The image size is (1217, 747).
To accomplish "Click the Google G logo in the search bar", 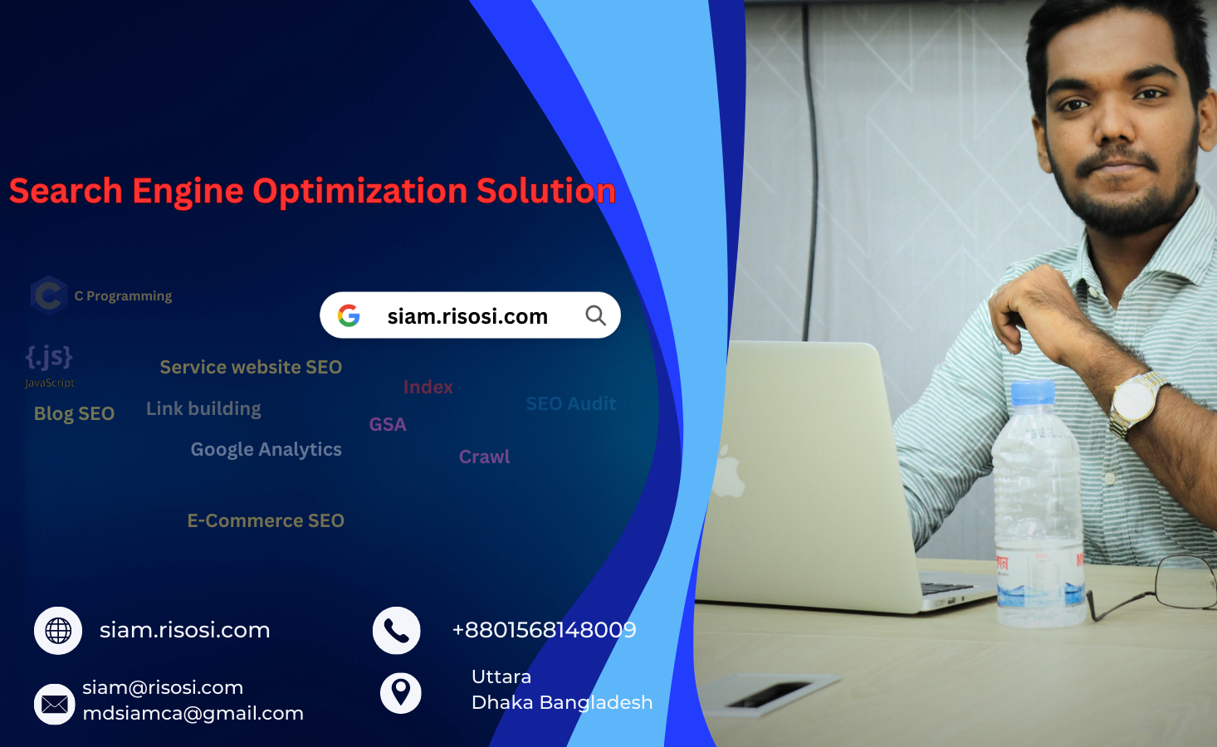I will [x=349, y=315].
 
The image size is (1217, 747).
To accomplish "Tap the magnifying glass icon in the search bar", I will [x=595, y=315].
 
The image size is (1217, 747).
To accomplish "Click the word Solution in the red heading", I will [x=545, y=191].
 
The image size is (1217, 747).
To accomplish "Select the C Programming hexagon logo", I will [x=49, y=295].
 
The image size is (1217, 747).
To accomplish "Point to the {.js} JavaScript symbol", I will [x=49, y=358].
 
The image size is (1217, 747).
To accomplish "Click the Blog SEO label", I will [x=74, y=413].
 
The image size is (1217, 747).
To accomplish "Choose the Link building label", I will [x=203, y=408].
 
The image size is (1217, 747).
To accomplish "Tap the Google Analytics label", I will [x=266, y=449].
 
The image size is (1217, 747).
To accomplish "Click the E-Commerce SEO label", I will [x=266, y=520].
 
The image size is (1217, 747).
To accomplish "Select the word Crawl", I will [x=484, y=456].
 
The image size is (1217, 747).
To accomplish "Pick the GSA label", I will [x=388, y=424].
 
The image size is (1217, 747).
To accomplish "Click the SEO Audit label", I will [x=570, y=404].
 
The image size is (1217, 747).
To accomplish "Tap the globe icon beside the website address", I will [x=58, y=631].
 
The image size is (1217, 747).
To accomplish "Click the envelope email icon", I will [x=55, y=705].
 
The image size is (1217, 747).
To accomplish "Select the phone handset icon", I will [x=397, y=631].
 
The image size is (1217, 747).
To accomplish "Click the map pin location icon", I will [x=401, y=691].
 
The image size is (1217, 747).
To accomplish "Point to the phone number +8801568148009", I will [x=544, y=630].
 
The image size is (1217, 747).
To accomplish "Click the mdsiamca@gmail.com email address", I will [x=193, y=713].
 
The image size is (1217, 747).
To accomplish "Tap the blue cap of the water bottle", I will [x=1033, y=393].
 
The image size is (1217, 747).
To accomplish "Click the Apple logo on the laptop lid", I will [x=728, y=473].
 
